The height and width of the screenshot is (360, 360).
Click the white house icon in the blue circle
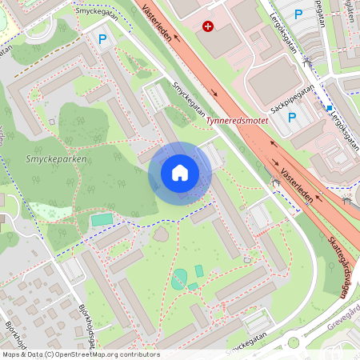click(x=179, y=172)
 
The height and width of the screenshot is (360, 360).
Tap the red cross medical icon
click(x=209, y=26)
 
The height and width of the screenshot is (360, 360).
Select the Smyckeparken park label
click(x=49, y=158)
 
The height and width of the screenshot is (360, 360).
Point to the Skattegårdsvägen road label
click(x=338, y=267)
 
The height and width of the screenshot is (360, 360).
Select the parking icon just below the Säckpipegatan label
click(x=292, y=118)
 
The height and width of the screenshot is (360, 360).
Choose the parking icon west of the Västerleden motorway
click(x=102, y=38)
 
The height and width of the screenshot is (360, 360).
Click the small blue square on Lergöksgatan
click(x=329, y=107)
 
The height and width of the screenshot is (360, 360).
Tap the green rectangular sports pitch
click(x=102, y=219)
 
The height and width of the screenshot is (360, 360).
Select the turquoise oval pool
click(x=179, y=279)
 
